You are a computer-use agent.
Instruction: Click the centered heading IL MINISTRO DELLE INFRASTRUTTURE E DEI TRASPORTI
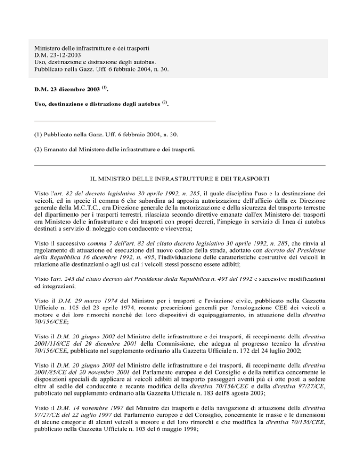[x=180, y=179]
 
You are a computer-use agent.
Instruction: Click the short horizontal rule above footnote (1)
[x=125, y=120]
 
